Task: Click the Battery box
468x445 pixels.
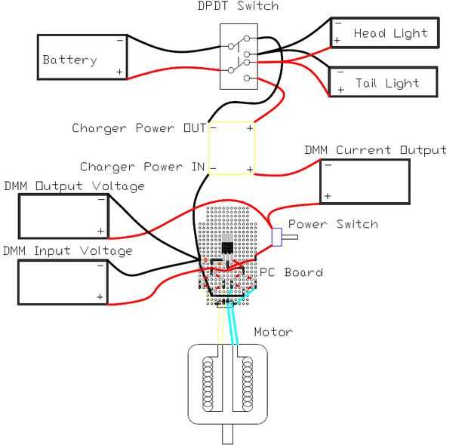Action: coord(83,57)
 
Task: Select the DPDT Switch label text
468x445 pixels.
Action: coord(238,7)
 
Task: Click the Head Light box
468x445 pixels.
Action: coord(384,33)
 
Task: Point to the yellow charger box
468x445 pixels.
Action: coord(231,148)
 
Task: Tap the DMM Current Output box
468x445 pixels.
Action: coord(365,182)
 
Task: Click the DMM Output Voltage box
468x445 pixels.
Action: coord(63,216)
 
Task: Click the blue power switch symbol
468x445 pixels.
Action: coord(277,237)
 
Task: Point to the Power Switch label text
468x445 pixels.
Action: coord(333,225)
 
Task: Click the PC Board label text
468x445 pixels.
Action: coord(291,272)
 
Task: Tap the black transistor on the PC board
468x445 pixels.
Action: coord(227,248)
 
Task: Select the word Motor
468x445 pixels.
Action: coord(272,332)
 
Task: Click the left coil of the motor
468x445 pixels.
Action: coord(207,385)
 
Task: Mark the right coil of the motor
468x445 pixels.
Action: coord(247,385)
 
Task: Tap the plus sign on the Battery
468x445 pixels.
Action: coord(119,72)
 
